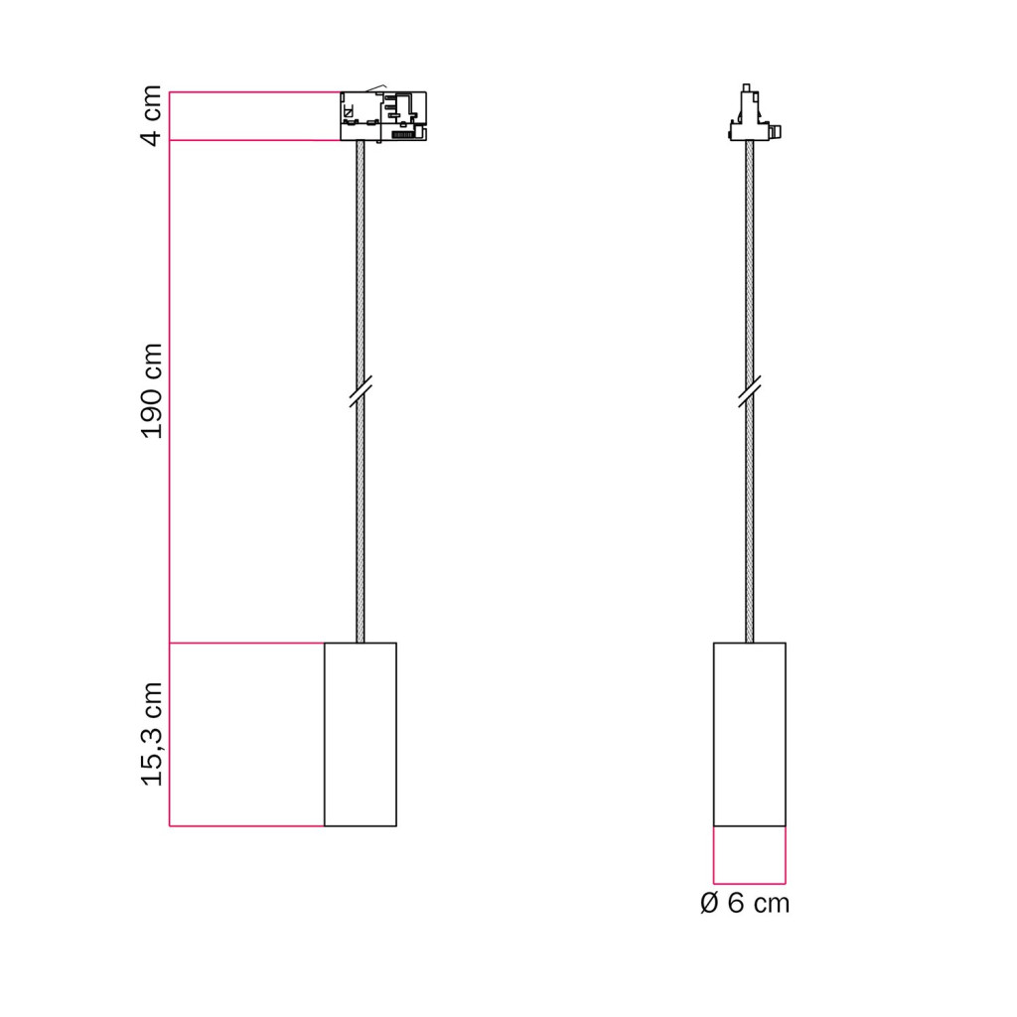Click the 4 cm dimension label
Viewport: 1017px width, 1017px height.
pos(152,115)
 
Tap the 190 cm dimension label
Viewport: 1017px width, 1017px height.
pos(152,391)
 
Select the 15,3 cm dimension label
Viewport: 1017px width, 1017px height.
pos(152,734)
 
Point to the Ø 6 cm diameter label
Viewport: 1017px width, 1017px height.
pos(745,904)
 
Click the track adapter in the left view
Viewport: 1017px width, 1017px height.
pos(383,115)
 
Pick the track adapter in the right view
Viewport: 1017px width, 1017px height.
pos(754,112)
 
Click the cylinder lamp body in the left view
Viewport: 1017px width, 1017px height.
pos(360,734)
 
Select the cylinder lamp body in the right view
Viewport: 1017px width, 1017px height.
pos(749,734)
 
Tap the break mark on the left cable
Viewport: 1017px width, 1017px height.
pos(360,391)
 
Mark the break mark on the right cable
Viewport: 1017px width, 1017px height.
pos(749,391)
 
